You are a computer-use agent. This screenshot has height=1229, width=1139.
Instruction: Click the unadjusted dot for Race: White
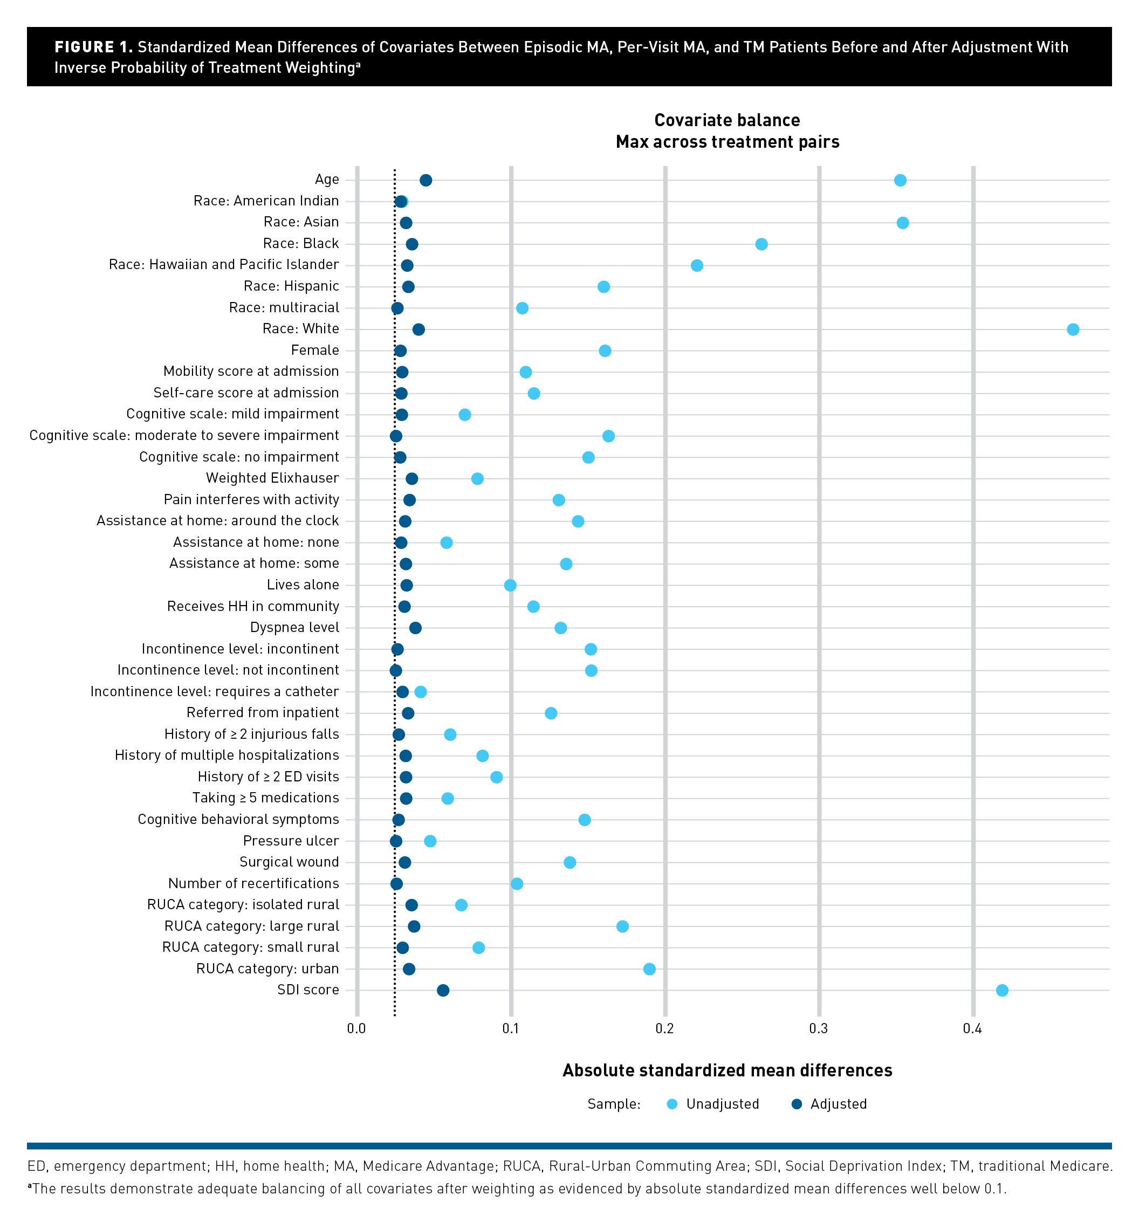point(1073,329)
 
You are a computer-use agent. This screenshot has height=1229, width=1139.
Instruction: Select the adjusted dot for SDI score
point(443,991)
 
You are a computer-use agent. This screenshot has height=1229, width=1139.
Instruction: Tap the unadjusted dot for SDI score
point(1001,991)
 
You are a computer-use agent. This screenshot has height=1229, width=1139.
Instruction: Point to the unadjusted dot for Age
point(900,181)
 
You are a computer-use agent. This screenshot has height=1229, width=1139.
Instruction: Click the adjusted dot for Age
point(426,181)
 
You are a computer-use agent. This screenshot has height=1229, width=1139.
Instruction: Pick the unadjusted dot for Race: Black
point(761,245)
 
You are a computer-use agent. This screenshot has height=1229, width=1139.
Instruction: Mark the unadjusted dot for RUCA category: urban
point(649,969)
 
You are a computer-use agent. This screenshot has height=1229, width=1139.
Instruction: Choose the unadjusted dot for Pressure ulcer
point(430,841)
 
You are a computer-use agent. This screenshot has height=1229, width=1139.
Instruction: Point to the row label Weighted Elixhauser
point(272,478)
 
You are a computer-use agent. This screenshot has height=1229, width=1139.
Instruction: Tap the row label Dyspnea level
point(294,628)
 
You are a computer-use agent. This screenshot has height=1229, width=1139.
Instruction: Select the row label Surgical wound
point(289,862)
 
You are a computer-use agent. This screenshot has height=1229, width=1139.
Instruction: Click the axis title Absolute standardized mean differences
point(728,1070)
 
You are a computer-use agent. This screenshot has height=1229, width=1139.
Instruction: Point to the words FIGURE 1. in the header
point(94,47)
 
